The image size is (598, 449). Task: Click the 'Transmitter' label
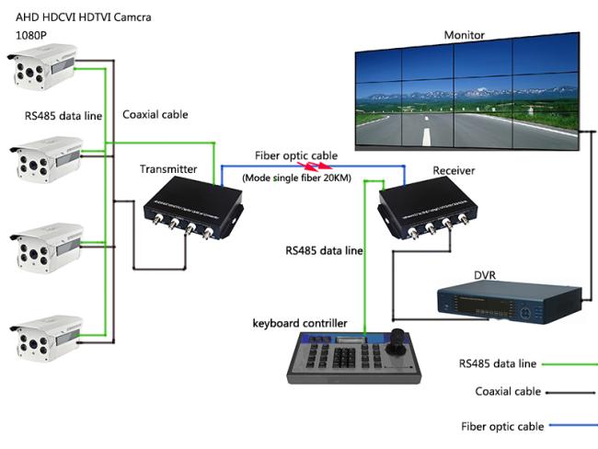click(167, 169)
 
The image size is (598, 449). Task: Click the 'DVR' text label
click(485, 274)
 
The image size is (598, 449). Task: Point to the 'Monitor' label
click(464, 35)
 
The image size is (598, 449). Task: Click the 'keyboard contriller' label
click(300, 323)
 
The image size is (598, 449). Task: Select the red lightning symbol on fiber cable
click(316, 167)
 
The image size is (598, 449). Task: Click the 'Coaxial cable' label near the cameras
click(155, 115)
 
